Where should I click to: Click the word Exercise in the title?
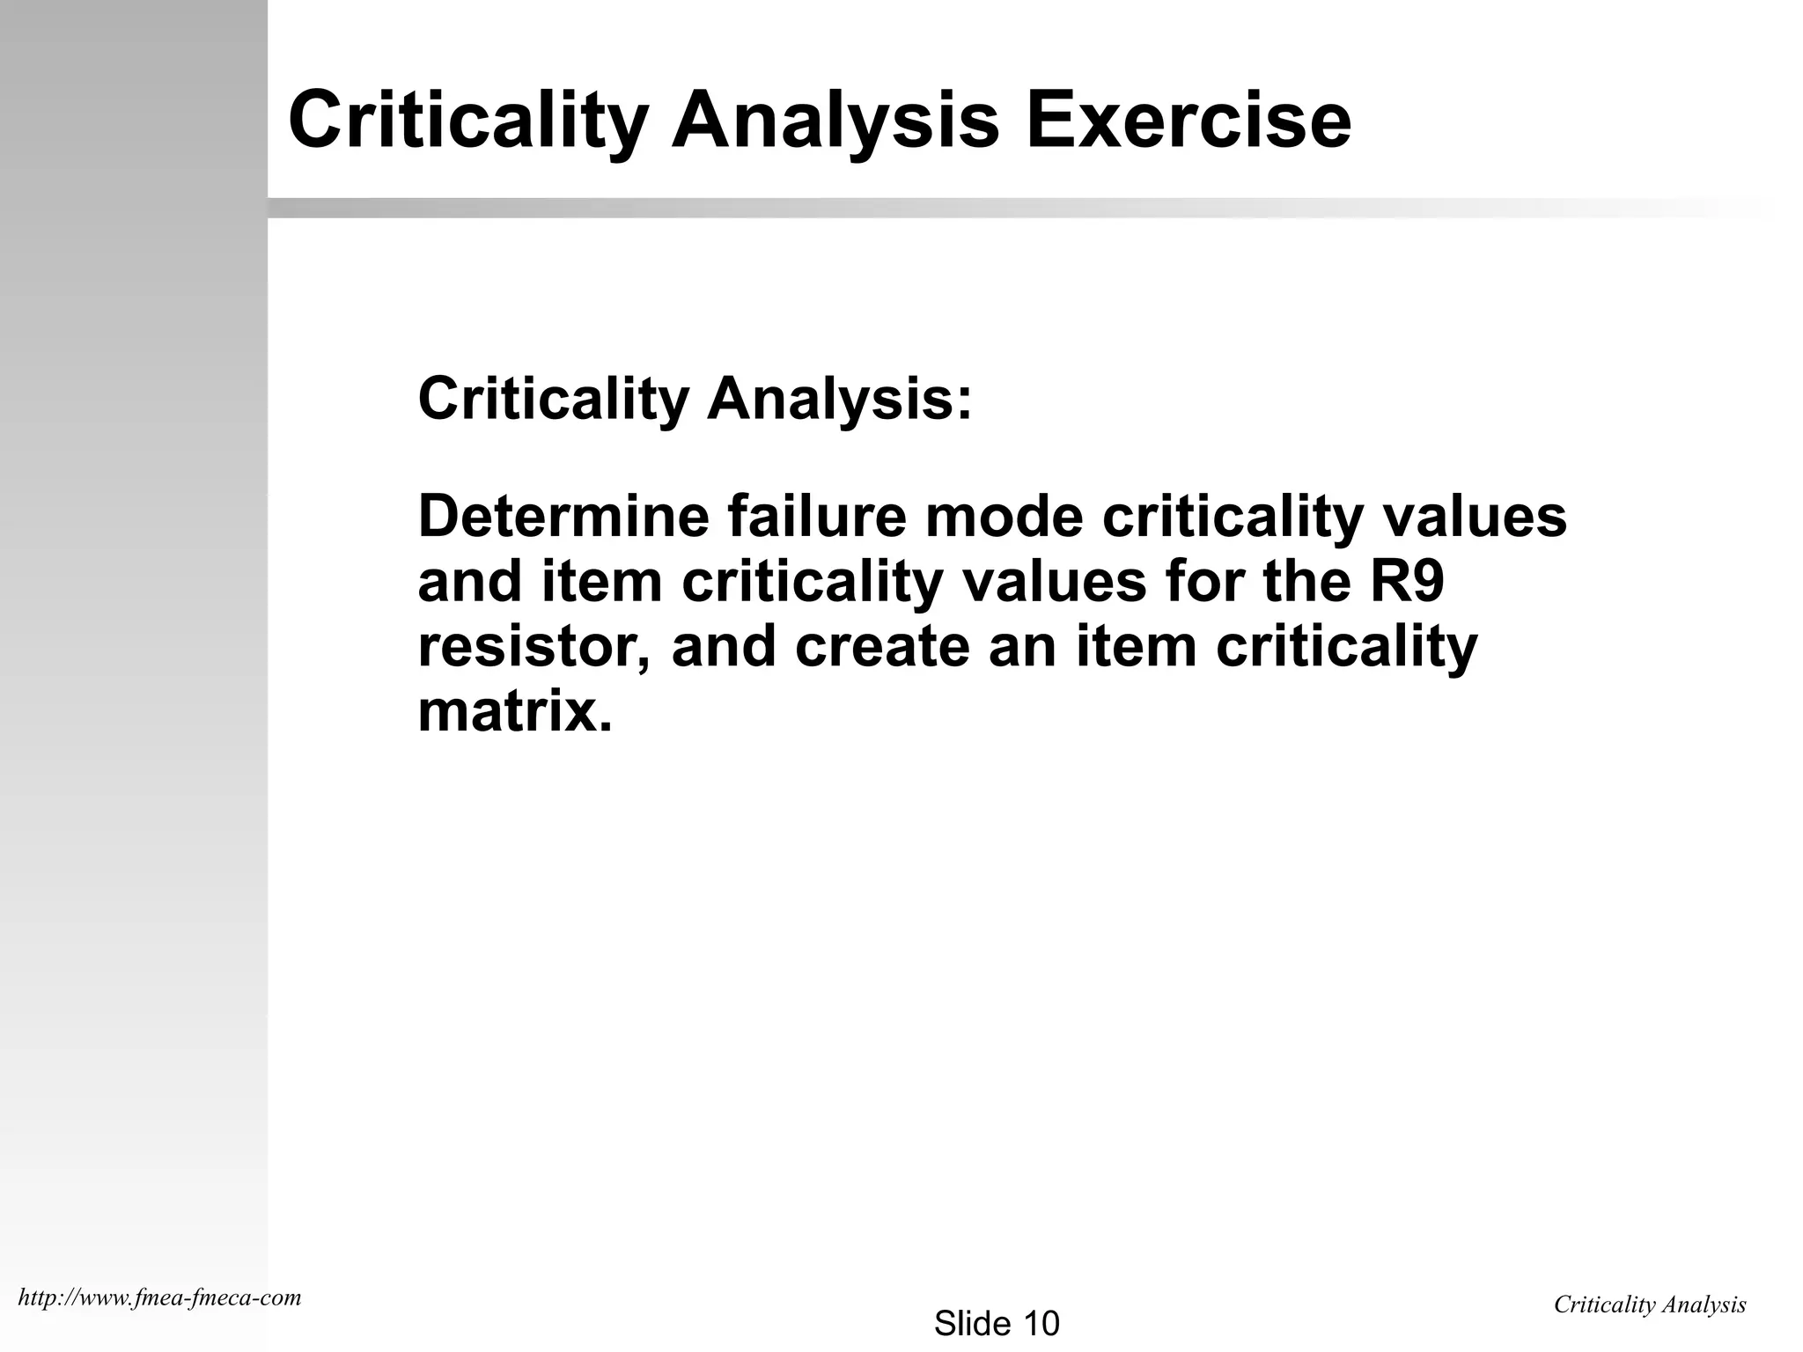point(1188,121)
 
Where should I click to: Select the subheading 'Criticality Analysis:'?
point(695,400)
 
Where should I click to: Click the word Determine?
point(563,517)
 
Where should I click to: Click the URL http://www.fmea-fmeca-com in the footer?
point(159,1297)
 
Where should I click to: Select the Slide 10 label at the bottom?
point(997,1323)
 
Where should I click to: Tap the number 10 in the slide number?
point(1041,1323)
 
